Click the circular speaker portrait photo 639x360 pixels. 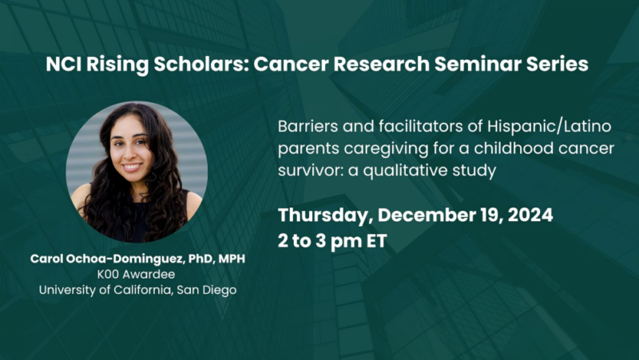[x=137, y=172]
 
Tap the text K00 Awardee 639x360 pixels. [x=137, y=274]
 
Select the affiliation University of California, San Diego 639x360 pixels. [x=137, y=289]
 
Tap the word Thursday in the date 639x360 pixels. [x=323, y=216]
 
